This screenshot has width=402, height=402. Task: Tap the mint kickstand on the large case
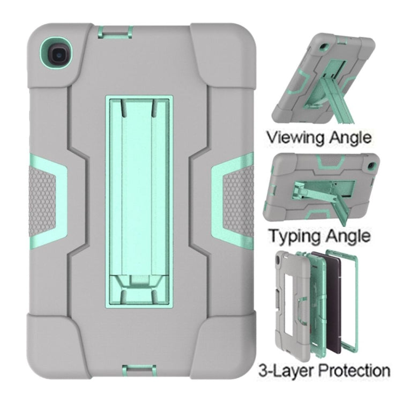point(139,201)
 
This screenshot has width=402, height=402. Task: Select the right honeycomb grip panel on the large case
point(238,203)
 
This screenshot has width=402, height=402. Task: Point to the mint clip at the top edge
point(115,32)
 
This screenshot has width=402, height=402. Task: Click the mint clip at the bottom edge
point(139,371)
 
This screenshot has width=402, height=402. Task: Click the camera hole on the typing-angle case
point(370,166)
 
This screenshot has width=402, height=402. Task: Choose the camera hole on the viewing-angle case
point(323,47)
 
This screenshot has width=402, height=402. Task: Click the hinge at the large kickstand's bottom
point(139,281)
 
